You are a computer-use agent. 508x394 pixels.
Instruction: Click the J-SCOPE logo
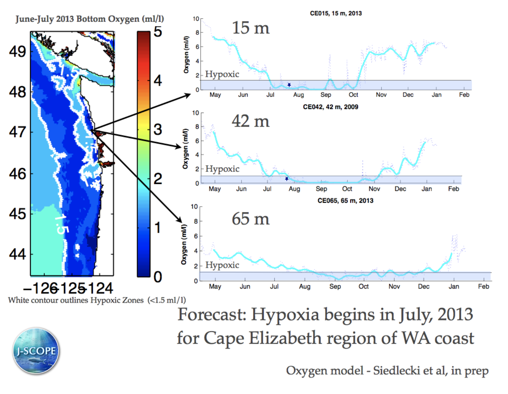point(36,351)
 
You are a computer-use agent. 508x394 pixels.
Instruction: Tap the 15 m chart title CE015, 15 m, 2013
point(336,13)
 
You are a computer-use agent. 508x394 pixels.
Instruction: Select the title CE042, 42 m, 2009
point(330,107)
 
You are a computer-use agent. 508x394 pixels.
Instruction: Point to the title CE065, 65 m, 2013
point(345,201)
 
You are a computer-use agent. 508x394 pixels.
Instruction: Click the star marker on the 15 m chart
point(289,85)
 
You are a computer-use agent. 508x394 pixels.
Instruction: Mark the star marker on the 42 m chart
point(287,179)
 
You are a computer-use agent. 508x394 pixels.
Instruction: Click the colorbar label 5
point(158,32)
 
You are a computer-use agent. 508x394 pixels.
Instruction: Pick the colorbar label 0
point(158,277)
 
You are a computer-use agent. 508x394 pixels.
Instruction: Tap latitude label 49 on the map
point(18,52)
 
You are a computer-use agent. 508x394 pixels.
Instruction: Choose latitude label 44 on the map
point(18,254)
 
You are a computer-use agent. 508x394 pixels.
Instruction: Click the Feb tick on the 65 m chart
point(483,286)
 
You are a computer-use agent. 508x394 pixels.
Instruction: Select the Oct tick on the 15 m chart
point(353,95)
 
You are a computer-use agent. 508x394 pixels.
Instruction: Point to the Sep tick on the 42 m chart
point(321,189)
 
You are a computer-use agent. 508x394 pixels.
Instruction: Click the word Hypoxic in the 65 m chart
point(222,265)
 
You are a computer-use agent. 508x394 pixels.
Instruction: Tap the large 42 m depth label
point(250,121)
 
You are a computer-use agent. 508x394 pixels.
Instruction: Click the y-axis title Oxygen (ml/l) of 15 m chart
point(186,55)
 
